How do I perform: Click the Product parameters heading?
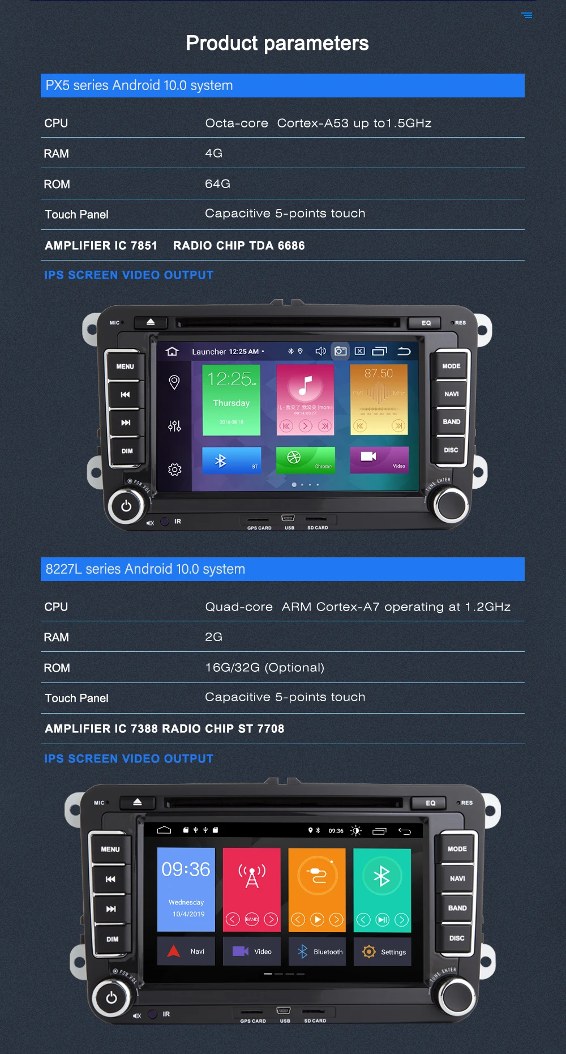[x=277, y=43]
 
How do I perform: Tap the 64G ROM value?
[x=217, y=184]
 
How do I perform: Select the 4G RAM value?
[x=213, y=153]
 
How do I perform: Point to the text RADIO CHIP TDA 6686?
[x=239, y=246]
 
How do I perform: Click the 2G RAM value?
[x=213, y=637]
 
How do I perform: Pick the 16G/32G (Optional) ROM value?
[x=264, y=668]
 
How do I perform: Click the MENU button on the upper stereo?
[x=125, y=366]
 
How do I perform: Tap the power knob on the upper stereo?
[x=126, y=506]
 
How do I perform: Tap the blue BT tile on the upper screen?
[x=231, y=460]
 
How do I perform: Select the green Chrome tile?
[x=305, y=460]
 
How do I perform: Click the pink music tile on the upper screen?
[x=305, y=400]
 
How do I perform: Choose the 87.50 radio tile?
[x=379, y=400]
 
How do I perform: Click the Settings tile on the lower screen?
[x=383, y=952]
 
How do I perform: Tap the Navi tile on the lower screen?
[x=186, y=951]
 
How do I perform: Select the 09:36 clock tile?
[x=186, y=889]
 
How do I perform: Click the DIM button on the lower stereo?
[x=112, y=939]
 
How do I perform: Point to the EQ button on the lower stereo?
[x=430, y=803]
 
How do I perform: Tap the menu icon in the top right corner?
[x=527, y=15]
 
